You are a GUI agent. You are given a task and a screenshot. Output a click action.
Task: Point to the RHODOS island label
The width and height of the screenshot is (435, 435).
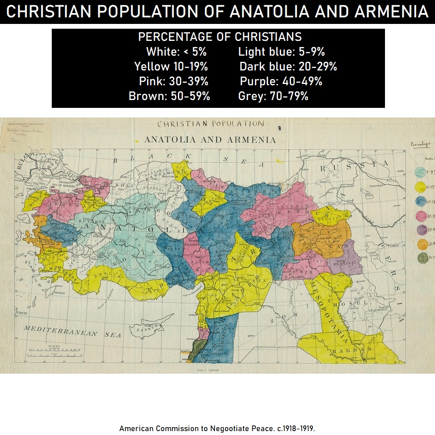coord(60,292)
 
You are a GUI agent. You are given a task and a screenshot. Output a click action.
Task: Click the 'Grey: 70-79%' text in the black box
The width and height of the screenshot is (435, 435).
coord(273,96)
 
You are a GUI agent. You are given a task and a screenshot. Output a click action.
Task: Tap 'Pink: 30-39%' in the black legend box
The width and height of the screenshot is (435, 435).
coord(174,81)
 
